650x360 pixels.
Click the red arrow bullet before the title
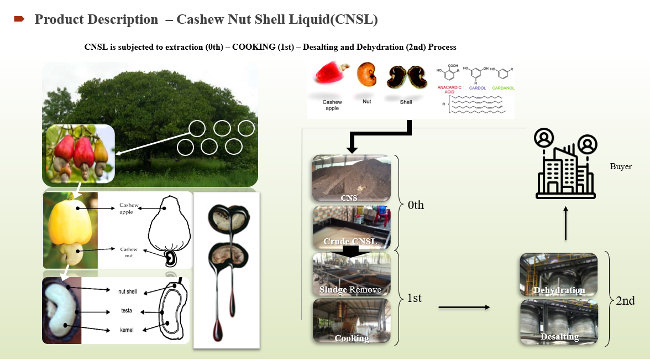pyautogui.click(x=19, y=19)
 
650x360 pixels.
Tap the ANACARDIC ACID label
pyautogui.click(x=450, y=90)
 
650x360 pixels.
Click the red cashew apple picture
pyautogui.click(x=331, y=79)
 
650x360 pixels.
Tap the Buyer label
pyautogui.click(x=621, y=166)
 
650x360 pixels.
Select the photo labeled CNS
pyautogui.click(x=352, y=179)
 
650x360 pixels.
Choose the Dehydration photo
pyautogui.click(x=559, y=275)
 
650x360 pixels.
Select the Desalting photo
pyautogui.click(x=559, y=322)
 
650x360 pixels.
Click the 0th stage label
pyautogui.click(x=416, y=205)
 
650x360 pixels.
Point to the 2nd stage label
pyautogui.click(x=625, y=301)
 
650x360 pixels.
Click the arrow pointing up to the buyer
pyautogui.click(x=565, y=223)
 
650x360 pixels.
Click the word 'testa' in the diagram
pyautogui.click(x=127, y=311)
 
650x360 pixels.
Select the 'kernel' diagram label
pyautogui.click(x=127, y=330)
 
